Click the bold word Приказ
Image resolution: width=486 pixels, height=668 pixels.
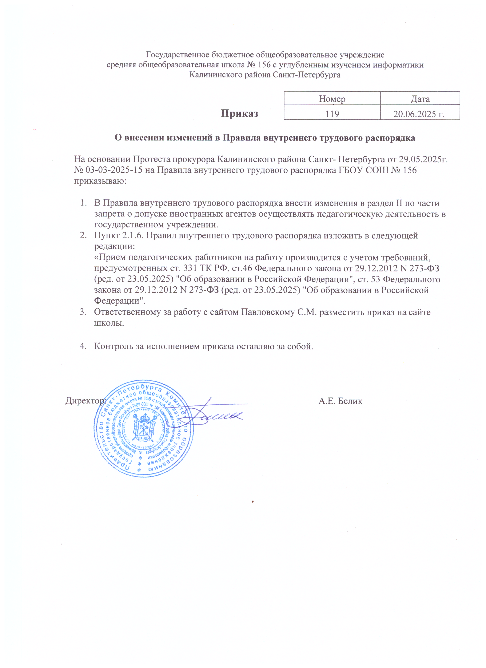point(239,113)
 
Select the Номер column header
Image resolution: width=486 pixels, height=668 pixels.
point(332,99)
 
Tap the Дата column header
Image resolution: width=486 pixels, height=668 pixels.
point(420,99)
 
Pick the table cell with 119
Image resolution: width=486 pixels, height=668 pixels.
point(332,114)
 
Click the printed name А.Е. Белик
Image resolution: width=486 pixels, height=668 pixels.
point(340,401)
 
